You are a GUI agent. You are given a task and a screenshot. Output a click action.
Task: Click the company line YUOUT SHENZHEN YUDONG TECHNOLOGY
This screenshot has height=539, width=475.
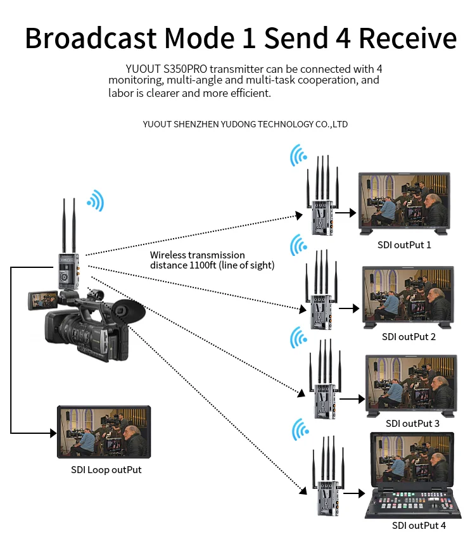(245, 124)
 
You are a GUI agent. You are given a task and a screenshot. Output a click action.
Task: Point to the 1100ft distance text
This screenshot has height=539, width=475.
(204, 265)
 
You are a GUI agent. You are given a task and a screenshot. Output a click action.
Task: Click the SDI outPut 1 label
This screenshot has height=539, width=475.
(404, 244)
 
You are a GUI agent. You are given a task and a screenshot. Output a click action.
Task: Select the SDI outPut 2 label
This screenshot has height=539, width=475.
(408, 336)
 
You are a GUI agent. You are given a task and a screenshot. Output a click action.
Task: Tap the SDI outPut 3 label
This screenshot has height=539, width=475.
(412, 423)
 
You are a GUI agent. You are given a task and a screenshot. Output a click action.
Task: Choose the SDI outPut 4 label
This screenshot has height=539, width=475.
(419, 525)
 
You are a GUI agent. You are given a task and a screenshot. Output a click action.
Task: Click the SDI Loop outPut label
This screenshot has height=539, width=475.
(106, 469)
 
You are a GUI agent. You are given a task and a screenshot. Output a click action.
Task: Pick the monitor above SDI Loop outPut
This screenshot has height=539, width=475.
(104, 432)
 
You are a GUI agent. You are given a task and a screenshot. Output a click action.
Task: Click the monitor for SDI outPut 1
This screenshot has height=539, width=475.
(404, 201)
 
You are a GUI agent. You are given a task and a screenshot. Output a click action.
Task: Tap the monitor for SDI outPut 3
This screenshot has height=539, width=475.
(410, 384)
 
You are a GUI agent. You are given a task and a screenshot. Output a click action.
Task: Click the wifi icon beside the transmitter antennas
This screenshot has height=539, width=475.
(96, 201)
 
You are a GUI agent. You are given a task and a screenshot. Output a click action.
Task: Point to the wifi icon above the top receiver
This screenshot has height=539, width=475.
(298, 154)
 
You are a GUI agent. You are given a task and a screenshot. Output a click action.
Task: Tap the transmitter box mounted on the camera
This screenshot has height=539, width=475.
(68, 270)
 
